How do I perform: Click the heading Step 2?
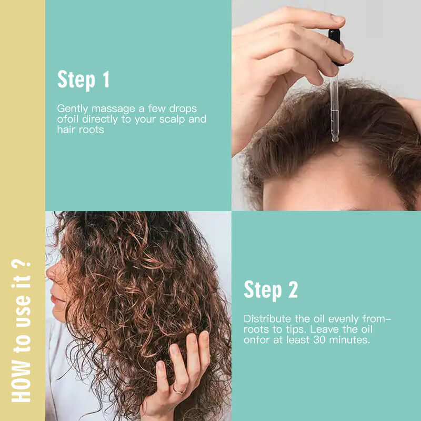270,289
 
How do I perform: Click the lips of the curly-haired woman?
55,300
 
